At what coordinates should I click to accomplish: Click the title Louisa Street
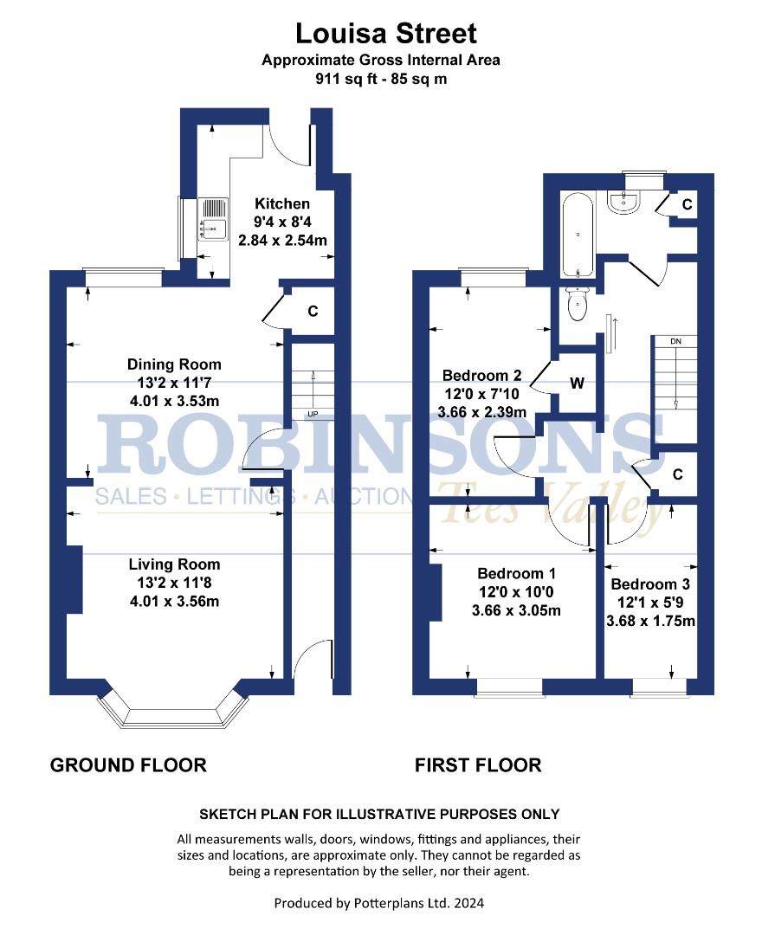pos(386,34)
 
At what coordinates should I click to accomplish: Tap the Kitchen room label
pos(282,203)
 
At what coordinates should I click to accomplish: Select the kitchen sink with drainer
pos(213,219)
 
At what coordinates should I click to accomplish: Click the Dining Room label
pos(174,364)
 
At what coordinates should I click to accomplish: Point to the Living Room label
pos(174,564)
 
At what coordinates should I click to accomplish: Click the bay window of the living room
pos(173,710)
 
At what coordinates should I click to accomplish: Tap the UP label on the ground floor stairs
pos(313,414)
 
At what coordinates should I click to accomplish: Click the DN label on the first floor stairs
pos(675,342)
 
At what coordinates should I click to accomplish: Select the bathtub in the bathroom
pos(578,235)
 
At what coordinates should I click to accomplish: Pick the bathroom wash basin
pos(623,201)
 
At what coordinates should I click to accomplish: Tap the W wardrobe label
pos(577,383)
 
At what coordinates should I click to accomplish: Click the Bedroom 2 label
pos(481,376)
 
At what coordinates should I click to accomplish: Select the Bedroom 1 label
pos(516,574)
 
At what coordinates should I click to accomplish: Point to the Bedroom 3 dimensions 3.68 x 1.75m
pos(650,621)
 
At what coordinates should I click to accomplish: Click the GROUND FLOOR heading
pos(128,765)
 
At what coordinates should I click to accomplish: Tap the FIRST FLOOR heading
pos(478,765)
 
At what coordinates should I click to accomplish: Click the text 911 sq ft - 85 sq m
pos(381,79)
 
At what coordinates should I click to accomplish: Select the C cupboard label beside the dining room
pos(313,312)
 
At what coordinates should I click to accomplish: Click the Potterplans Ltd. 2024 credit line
pos(379,903)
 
